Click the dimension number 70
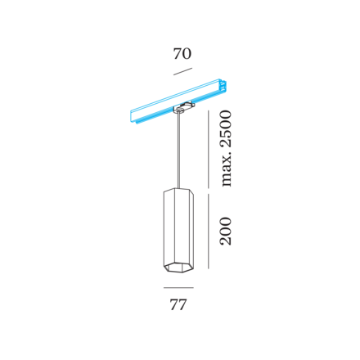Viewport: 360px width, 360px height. point(182,54)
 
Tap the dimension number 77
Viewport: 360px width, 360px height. point(178,304)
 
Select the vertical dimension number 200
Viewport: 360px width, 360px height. point(226,231)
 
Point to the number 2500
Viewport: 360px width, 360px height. point(226,128)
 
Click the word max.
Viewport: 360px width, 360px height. point(227,169)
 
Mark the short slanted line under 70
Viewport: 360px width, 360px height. point(182,71)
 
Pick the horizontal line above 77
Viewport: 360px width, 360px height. point(178,287)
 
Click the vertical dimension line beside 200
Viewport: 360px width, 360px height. point(209,231)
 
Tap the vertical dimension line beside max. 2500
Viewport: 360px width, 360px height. point(209,149)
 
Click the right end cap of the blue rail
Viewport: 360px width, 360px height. point(223,85)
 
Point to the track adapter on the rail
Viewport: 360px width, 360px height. point(183,107)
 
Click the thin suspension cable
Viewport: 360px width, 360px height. point(179,150)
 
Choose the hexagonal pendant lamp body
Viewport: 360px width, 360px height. point(179,230)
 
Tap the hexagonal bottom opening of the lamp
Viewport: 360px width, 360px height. point(179,268)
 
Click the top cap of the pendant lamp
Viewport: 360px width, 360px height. point(179,191)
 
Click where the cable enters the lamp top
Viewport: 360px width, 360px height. point(179,188)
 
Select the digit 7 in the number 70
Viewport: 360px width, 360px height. point(178,54)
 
